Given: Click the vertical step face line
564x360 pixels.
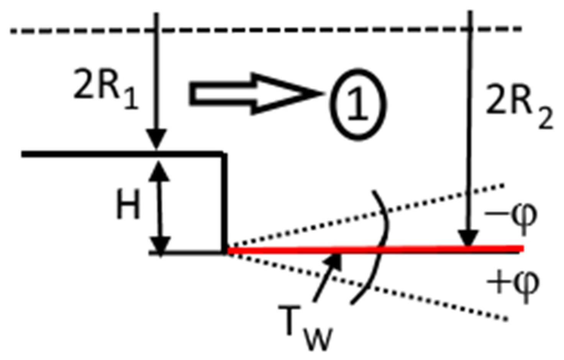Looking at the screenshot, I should point(225,203).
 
